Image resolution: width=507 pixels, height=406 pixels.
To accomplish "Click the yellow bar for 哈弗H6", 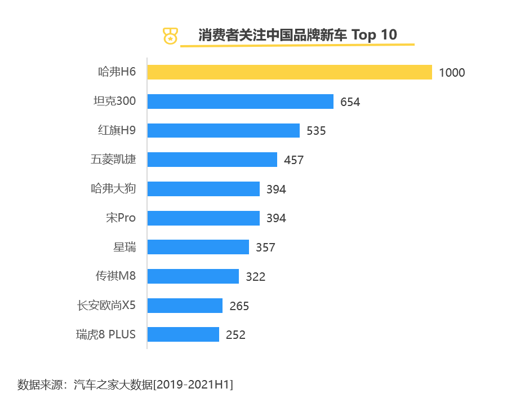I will [x=290, y=72].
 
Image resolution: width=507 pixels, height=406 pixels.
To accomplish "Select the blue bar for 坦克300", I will [x=241, y=101].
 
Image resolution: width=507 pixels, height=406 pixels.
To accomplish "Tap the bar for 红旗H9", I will [x=224, y=130].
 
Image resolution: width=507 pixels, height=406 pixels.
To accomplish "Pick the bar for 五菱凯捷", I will [x=212, y=160].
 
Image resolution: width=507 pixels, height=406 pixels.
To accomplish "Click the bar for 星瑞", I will [x=198, y=247].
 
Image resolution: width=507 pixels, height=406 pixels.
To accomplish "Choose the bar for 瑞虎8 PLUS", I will [x=183, y=334].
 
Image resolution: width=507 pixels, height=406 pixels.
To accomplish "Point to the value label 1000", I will [x=452, y=73].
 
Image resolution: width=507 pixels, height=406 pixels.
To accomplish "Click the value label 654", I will [x=350, y=102].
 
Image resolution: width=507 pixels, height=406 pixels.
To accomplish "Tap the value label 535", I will [x=316, y=131].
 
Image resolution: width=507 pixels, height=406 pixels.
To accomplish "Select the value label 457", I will [x=293, y=160].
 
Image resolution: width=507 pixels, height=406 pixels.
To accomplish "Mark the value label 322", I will [x=255, y=277].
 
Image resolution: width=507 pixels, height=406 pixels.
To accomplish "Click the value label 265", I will [x=239, y=306].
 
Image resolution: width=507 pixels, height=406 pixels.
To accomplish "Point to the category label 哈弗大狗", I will [x=113, y=188].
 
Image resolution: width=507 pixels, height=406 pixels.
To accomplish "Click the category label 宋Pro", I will [x=121, y=218].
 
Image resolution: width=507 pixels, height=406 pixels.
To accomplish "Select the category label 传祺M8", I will [x=115, y=276].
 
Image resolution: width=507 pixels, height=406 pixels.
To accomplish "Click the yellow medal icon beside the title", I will [x=169, y=36].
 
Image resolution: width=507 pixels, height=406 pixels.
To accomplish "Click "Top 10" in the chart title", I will [x=374, y=35].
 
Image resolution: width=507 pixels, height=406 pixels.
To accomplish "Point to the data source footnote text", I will [x=125, y=385].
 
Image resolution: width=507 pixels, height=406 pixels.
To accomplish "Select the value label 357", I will [x=265, y=248].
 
